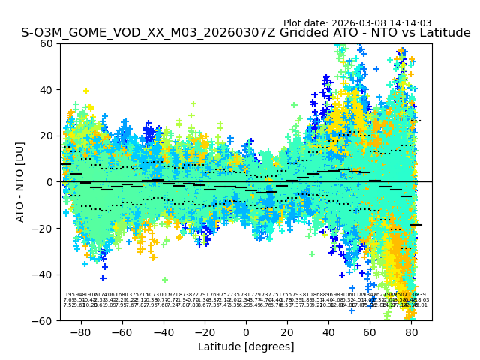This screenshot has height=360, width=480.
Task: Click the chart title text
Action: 246,33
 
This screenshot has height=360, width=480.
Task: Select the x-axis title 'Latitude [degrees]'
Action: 246,346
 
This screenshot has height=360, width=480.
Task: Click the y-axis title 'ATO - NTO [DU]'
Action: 20,182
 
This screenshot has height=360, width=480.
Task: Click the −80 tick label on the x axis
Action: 80,331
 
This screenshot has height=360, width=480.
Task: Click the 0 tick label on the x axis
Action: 246,331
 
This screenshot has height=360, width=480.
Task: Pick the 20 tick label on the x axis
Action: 287,331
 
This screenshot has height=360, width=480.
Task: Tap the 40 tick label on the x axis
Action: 328,331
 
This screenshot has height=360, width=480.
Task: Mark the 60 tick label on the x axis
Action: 370,331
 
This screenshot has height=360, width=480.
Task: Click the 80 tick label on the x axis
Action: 411,331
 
